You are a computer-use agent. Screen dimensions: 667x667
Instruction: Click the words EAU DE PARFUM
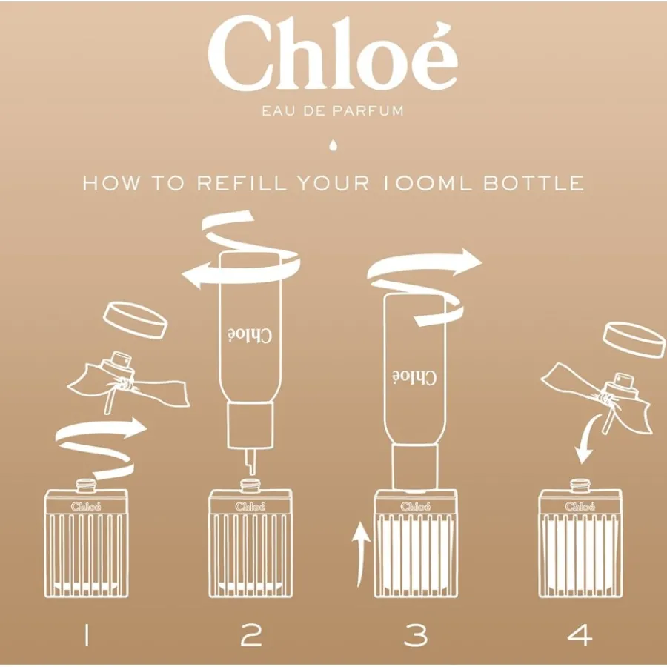click(x=333, y=111)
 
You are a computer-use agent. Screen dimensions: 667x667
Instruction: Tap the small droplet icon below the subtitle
click(x=333, y=145)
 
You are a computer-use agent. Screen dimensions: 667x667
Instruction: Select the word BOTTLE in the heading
click(x=534, y=183)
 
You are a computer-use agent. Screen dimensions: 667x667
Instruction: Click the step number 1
click(x=87, y=637)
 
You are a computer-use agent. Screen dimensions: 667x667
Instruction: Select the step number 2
click(x=251, y=637)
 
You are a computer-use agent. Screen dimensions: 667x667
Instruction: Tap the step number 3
click(x=416, y=637)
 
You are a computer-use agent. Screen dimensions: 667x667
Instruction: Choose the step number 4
click(x=580, y=637)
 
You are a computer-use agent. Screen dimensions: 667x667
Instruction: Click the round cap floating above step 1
click(x=136, y=320)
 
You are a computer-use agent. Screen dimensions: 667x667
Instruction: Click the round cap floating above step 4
click(x=634, y=339)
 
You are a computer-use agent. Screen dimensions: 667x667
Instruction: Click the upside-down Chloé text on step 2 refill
click(x=250, y=336)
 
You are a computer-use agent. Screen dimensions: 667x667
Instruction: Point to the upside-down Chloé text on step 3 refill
click(x=414, y=377)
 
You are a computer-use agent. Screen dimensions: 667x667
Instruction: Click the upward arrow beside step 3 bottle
click(x=361, y=554)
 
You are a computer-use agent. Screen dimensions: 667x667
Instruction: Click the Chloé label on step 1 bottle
click(x=87, y=506)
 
